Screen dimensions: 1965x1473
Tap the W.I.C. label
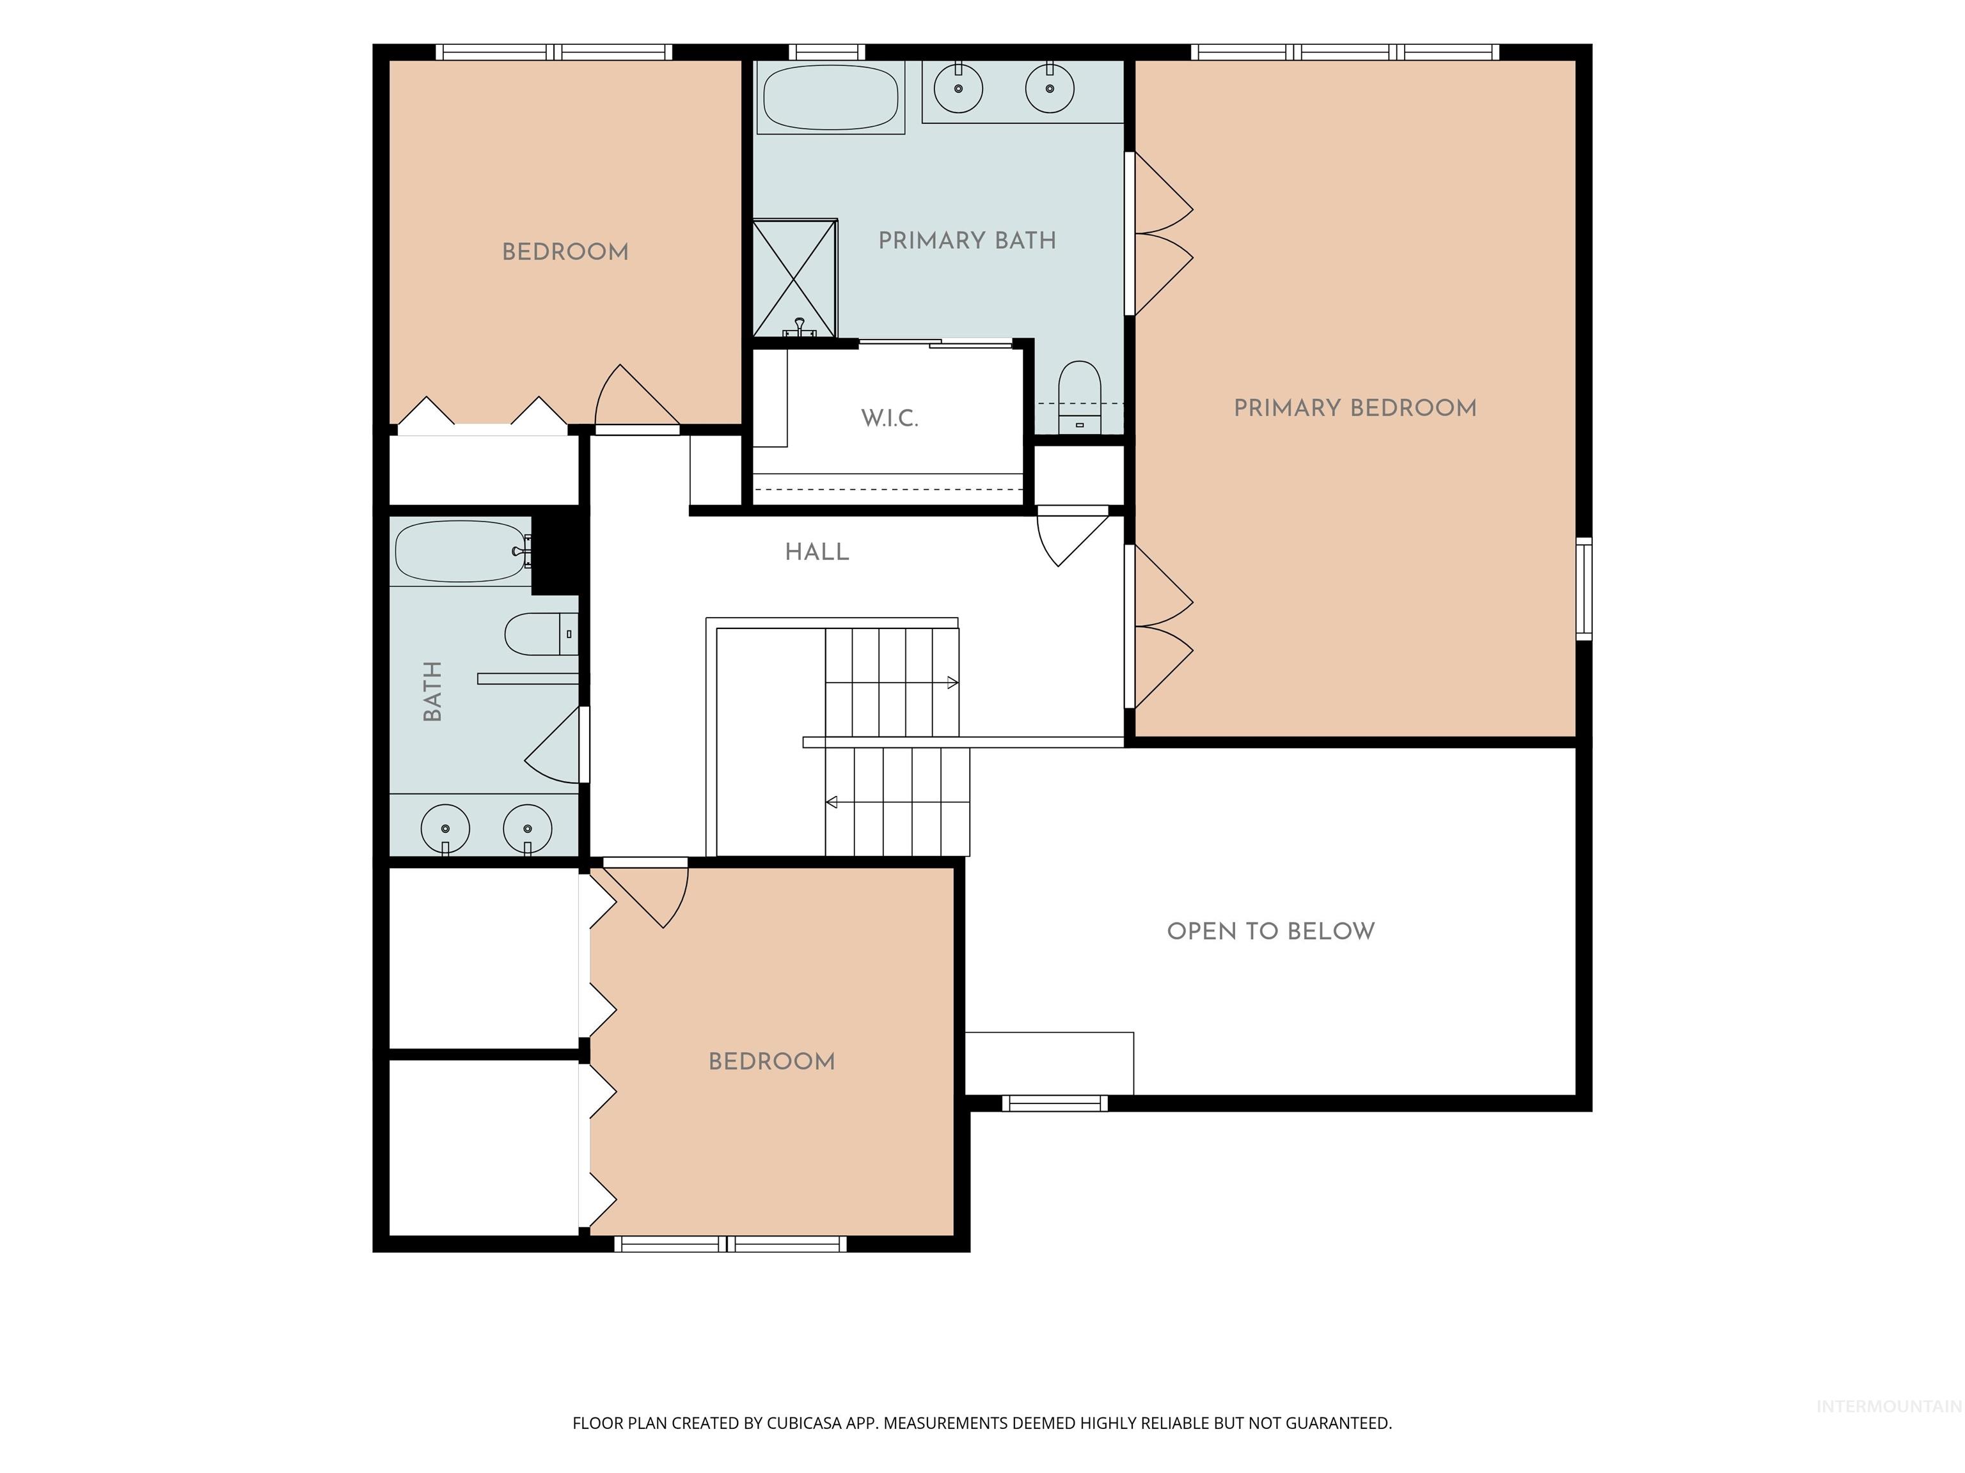[889, 418]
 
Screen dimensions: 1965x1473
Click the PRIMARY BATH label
[967, 240]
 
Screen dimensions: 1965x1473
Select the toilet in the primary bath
[1079, 397]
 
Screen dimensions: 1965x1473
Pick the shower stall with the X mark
[795, 279]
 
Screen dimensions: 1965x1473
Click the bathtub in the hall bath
[461, 551]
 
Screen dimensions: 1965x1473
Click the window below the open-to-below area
[1055, 1103]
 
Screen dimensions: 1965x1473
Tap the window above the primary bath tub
[827, 52]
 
